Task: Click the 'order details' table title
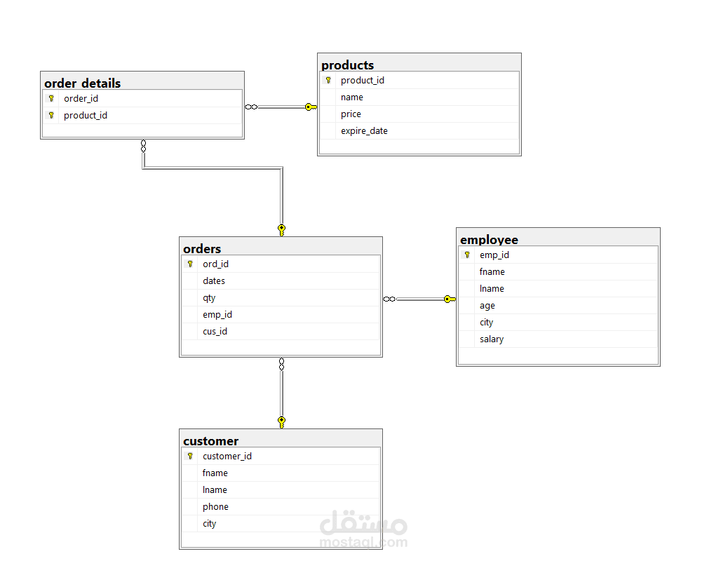83,83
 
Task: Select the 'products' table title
347,65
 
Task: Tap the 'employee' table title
489,240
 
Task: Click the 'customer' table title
211,440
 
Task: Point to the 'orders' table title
202,249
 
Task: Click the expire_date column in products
364,131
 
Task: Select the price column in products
351,114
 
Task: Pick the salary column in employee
492,339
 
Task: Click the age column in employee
487,306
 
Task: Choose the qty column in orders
209,298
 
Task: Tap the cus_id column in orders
215,332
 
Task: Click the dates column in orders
214,281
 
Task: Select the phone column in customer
215,507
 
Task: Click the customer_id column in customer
227,456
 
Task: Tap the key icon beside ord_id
190,264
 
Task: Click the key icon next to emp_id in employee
467,255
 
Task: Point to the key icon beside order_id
51,98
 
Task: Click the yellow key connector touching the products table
311,107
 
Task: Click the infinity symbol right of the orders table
389,299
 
